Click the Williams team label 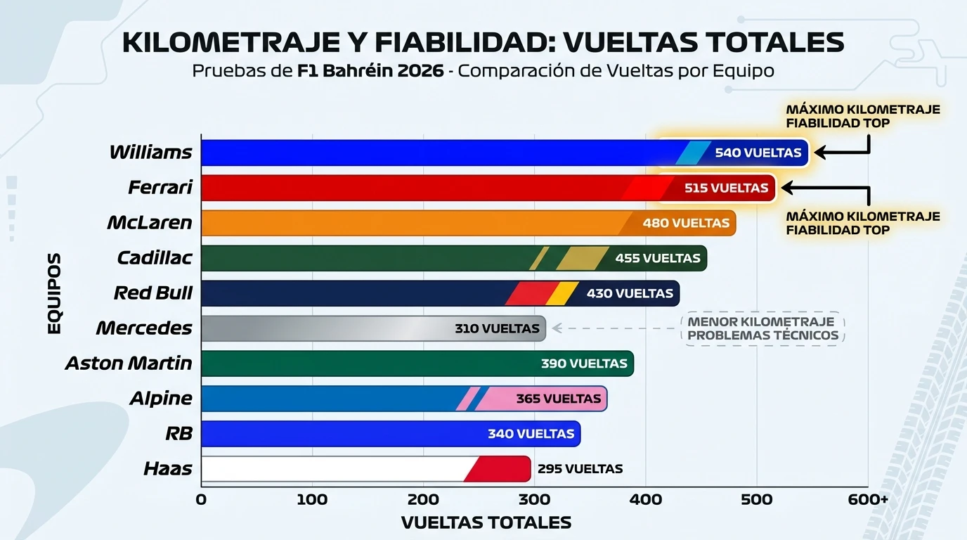(x=150, y=153)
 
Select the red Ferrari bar (x=422, y=188)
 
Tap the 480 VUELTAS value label (x=685, y=223)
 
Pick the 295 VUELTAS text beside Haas (x=580, y=469)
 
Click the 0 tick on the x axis (x=201, y=500)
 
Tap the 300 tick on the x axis (x=534, y=500)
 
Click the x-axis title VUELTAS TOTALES (x=486, y=523)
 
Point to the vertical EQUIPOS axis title (x=55, y=293)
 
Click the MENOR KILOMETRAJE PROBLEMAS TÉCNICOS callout (x=762, y=328)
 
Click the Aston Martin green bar (x=365, y=364)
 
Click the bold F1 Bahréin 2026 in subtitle (x=370, y=71)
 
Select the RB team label (x=179, y=434)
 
